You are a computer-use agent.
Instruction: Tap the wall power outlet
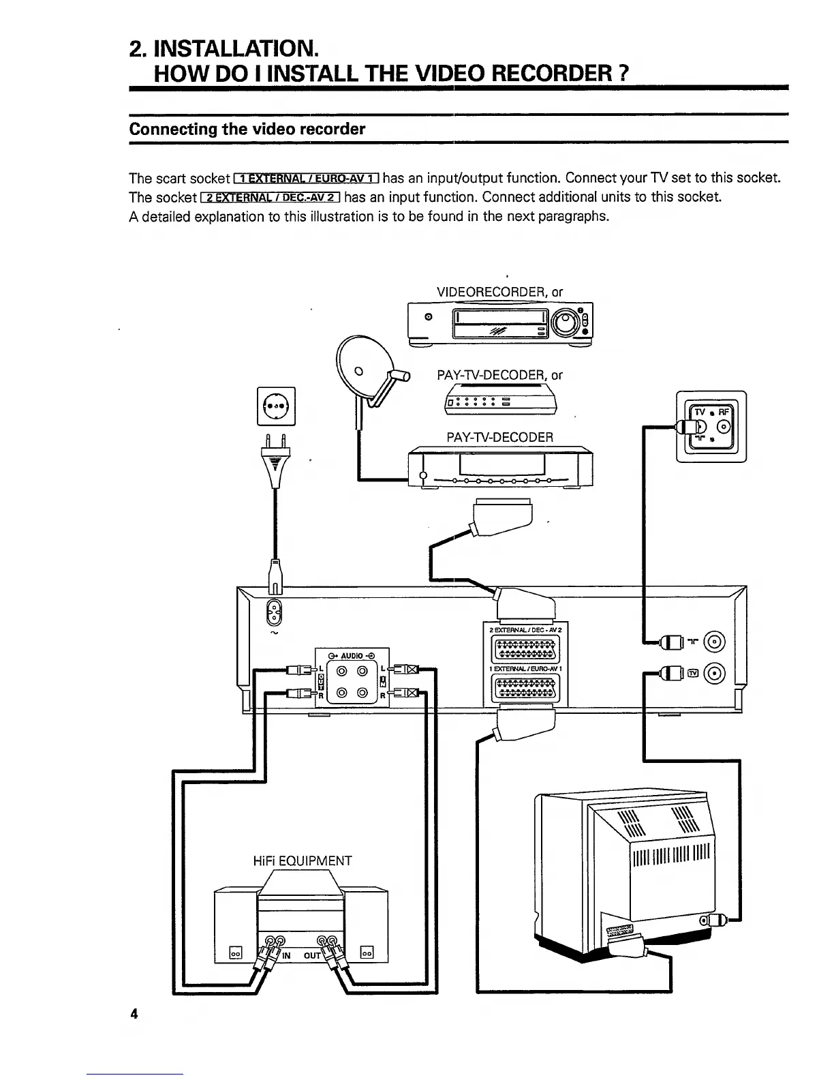pyautogui.click(x=276, y=405)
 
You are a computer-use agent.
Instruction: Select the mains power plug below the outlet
pyautogui.click(x=275, y=461)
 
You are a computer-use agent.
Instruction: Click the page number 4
pyautogui.click(x=134, y=1014)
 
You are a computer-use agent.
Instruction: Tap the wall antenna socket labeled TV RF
pyautogui.click(x=711, y=427)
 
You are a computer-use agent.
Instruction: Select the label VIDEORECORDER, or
pyautogui.click(x=499, y=292)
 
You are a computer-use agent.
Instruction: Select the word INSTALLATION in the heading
pyautogui.click(x=236, y=48)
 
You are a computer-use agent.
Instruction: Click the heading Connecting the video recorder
pyautogui.click(x=247, y=129)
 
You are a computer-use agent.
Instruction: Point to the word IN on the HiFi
pyautogui.click(x=286, y=955)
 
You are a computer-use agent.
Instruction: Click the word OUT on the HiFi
pyautogui.click(x=311, y=955)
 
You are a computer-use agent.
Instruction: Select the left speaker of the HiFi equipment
pyautogui.click(x=235, y=927)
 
